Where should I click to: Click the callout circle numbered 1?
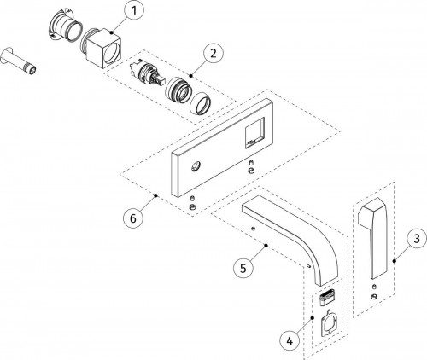tap(134, 11)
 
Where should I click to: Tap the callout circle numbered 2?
tap(213, 53)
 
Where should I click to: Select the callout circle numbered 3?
tap(417, 238)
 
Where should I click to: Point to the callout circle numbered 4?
tap(290, 340)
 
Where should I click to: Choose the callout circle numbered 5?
tap(243, 268)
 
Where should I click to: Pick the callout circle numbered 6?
tap(133, 218)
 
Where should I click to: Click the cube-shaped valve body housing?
tap(102, 48)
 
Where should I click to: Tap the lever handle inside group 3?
tap(373, 237)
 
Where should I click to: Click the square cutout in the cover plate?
tap(255, 133)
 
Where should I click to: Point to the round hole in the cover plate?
tap(196, 166)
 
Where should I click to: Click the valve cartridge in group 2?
tap(146, 73)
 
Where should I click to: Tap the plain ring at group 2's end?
tap(201, 104)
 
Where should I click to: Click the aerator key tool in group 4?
tap(329, 323)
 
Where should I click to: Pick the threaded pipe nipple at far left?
tap(19, 61)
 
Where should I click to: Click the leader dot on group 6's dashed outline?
tap(155, 195)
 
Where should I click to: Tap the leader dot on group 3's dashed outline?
tap(395, 261)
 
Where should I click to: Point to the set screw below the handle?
tap(375, 294)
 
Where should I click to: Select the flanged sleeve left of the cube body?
tap(64, 26)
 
